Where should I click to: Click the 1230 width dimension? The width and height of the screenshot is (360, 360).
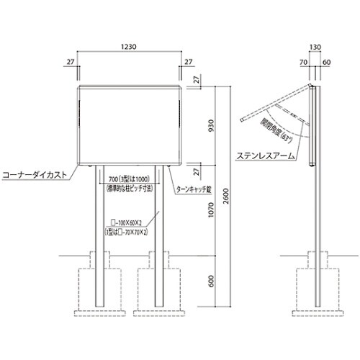[129, 45]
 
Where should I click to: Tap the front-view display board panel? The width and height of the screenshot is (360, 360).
[129, 125]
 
